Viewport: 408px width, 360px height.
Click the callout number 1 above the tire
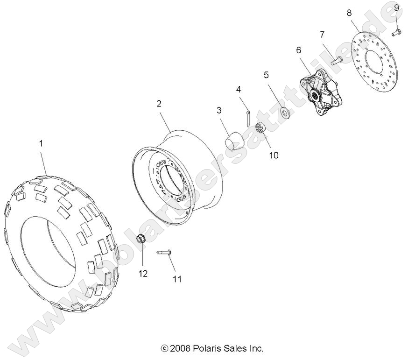pyautogui.click(x=41, y=143)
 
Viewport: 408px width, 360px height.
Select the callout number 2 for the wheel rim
pyautogui.click(x=159, y=104)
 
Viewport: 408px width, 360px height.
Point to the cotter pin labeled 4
pyautogui.click(x=248, y=119)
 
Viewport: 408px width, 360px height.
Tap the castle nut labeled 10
pyautogui.click(x=260, y=127)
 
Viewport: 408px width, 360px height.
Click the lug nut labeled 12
pyautogui.click(x=141, y=239)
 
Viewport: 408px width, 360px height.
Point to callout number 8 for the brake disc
pyautogui.click(x=349, y=13)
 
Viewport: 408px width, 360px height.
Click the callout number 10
pyautogui.click(x=274, y=155)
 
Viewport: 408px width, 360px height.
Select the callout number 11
pyautogui.click(x=177, y=279)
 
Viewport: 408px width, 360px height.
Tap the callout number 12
pyautogui.click(x=143, y=273)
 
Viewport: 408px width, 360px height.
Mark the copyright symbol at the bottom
pyautogui.click(x=164, y=348)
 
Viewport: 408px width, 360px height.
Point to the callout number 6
pyautogui.click(x=298, y=49)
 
